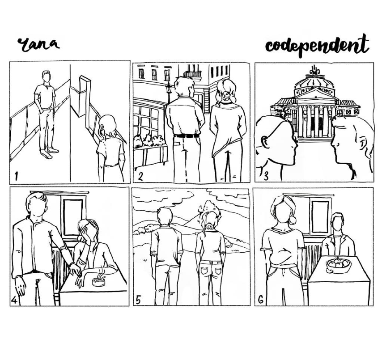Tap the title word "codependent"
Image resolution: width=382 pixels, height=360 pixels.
coord(317,46)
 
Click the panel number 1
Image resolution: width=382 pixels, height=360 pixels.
coord(16,176)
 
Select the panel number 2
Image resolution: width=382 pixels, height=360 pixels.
coord(140,176)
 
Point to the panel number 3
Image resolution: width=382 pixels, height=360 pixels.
coord(266,176)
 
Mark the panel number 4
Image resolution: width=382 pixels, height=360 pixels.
coord(14,301)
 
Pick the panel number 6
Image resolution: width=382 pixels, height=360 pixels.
coord(261,300)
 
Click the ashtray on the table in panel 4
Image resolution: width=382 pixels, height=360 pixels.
coord(99,282)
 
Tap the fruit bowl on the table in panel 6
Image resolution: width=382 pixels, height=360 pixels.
coord(339,266)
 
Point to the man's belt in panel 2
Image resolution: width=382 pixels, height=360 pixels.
coord(187,136)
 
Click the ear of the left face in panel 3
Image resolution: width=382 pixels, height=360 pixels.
coord(265,142)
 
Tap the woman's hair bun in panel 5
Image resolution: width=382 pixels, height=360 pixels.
coord(209,227)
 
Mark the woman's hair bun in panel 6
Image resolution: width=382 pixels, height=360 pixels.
coord(293,220)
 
